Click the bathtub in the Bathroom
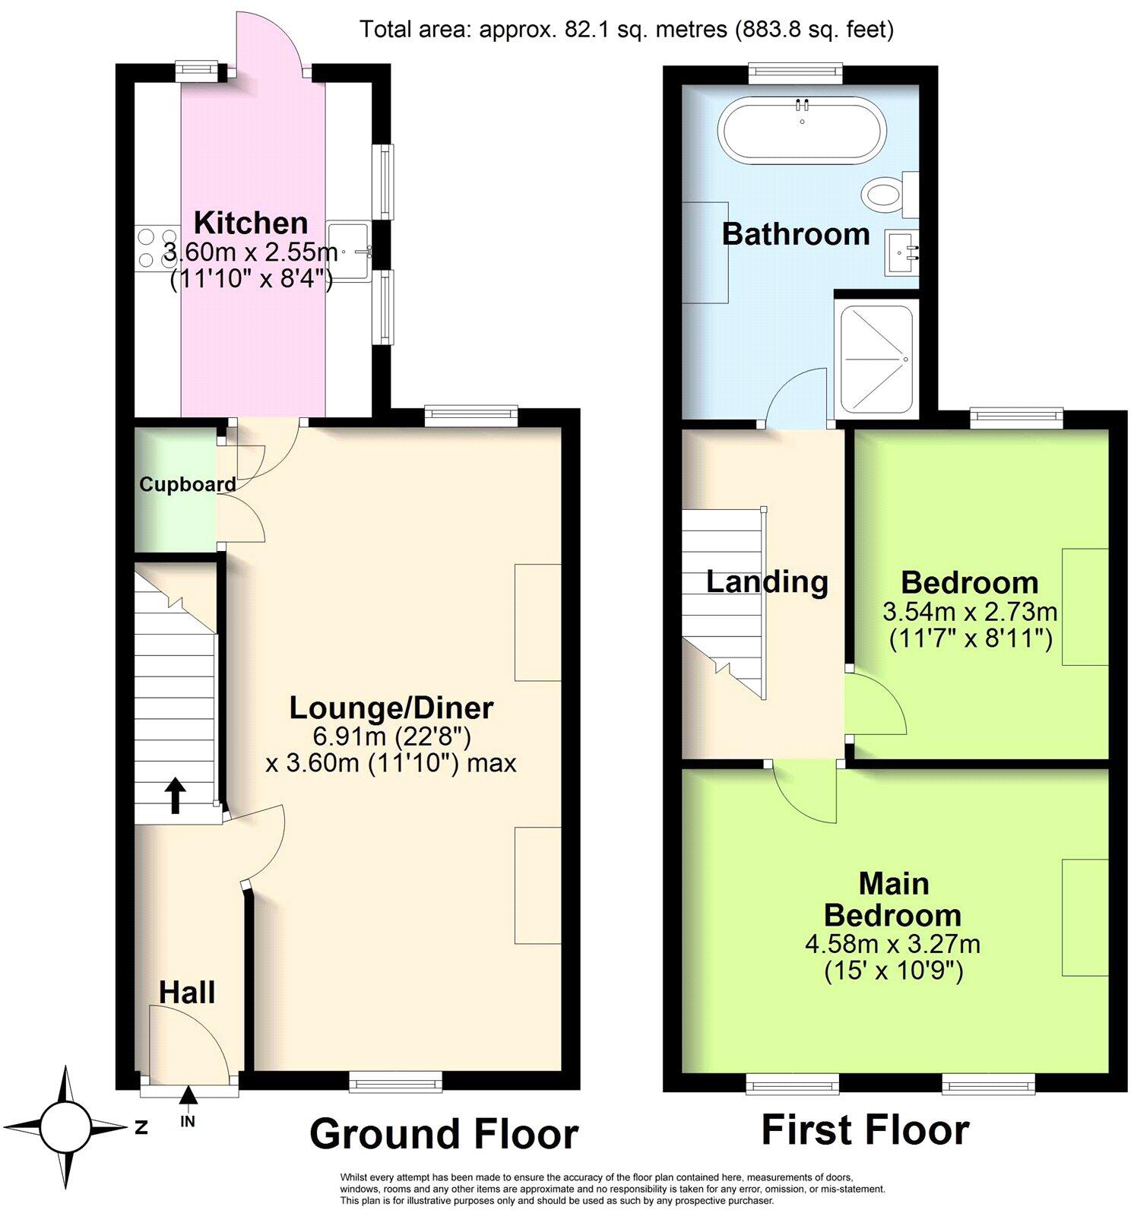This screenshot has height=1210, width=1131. click(x=803, y=130)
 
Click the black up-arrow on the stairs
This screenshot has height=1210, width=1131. click(x=176, y=795)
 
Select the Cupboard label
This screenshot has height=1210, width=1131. click(x=187, y=484)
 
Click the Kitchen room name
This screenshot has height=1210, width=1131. click(x=251, y=223)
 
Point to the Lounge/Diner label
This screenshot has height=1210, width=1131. click(x=391, y=708)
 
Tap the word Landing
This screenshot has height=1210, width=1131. click(x=767, y=582)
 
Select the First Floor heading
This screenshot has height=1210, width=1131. click(x=865, y=1130)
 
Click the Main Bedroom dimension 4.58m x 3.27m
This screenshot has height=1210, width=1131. click(x=892, y=944)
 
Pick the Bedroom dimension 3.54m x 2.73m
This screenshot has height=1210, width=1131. click(x=970, y=611)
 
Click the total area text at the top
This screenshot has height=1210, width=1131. click(x=626, y=30)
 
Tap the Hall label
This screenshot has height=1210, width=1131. click(x=187, y=992)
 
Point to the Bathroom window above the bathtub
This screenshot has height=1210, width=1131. click(x=796, y=72)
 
